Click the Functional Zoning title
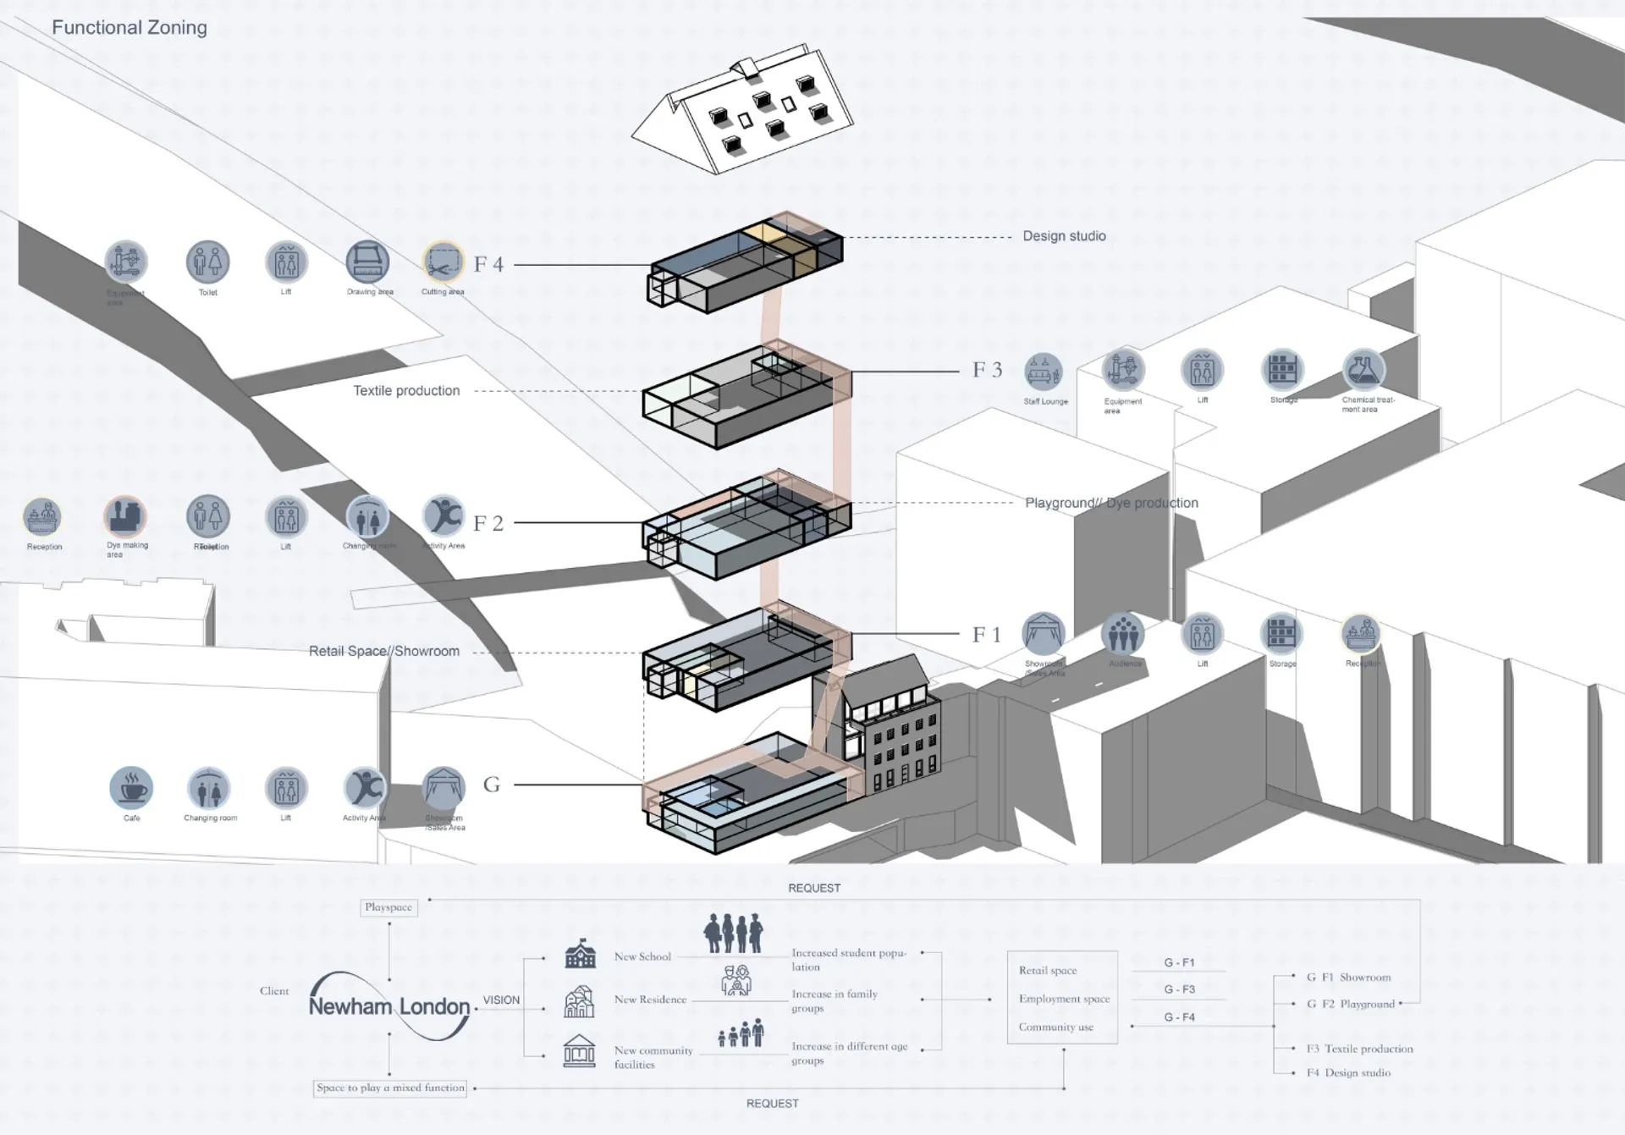(x=129, y=28)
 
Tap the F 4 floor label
(x=488, y=265)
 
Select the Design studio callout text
(x=1064, y=236)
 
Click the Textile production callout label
(x=406, y=391)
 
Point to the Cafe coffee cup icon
(x=131, y=788)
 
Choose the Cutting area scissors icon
(x=443, y=262)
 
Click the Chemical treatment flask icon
(x=1363, y=370)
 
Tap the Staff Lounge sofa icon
(x=1043, y=372)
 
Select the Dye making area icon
(x=125, y=516)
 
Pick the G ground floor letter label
(x=492, y=785)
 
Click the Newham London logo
(x=389, y=1006)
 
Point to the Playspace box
(x=388, y=907)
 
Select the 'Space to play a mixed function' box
(x=390, y=1088)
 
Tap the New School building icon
(x=580, y=955)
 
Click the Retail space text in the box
(x=1048, y=971)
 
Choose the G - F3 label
(x=1179, y=989)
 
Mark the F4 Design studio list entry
(x=1348, y=1072)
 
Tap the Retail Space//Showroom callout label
(x=384, y=652)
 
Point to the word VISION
(x=501, y=1000)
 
